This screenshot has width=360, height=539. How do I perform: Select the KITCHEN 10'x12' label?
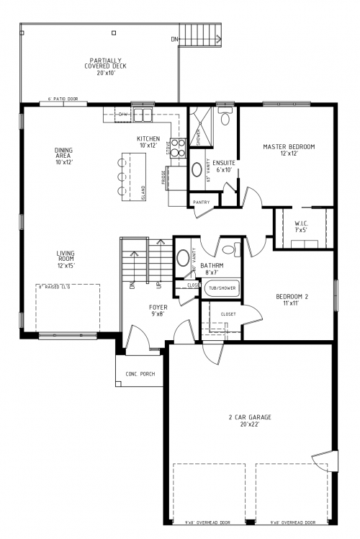click(x=148, y=142)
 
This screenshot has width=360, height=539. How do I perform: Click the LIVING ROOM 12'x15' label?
click(x=66, y=259)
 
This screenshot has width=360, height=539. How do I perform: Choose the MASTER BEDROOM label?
click(x=289, y=150)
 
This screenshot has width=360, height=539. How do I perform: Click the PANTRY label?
click(x=202, y=202)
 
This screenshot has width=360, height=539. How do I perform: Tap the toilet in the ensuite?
click(x=225, y=117)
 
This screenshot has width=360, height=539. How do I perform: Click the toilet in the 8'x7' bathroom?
click(x=229, y=250)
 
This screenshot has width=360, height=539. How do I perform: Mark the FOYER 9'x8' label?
click(x=158, y=311)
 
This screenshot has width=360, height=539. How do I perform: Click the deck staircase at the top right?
click(x=203, y=33)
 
